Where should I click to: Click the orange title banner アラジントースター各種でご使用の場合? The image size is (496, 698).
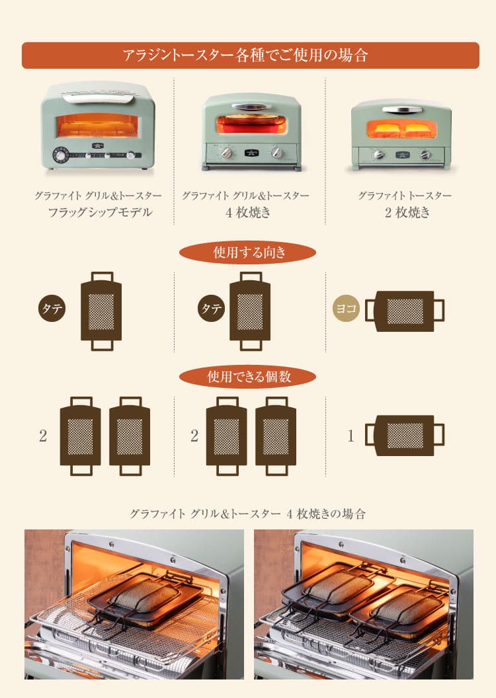click(250, 56)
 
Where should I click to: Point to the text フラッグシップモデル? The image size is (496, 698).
click(100, 212)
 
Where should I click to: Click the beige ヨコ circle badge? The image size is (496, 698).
click(346, 309)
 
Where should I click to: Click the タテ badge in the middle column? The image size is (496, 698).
click(212, 309)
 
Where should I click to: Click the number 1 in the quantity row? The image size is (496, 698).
click(351, 436)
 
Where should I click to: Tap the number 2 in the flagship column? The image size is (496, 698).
click(43, 436)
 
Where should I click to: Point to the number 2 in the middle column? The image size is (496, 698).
click(194, 436)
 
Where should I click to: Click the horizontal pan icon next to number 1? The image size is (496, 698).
click(405, 435)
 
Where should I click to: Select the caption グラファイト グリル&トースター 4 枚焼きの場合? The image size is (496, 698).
click(248, 514)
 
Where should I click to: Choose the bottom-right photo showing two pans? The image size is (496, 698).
click(363, 604)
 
